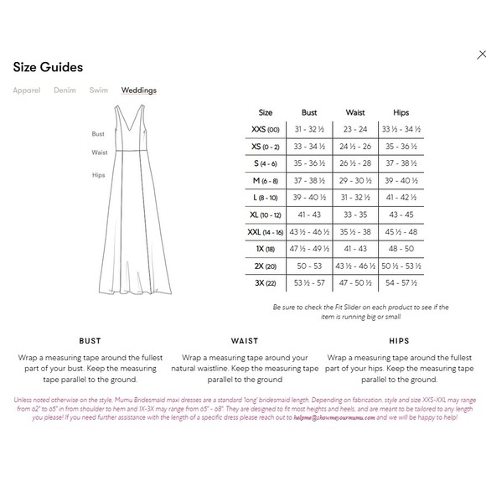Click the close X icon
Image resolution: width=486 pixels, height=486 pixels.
(481, 54)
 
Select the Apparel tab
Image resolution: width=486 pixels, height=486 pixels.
(26, 90)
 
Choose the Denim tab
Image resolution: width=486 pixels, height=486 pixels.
(65, 90)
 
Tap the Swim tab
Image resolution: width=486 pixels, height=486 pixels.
(98, 90)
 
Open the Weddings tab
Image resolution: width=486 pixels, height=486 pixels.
(138, 90)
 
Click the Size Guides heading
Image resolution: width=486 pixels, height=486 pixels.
(48, 67)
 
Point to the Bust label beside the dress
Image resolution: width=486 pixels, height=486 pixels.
(98, 134)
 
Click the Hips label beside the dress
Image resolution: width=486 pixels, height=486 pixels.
(98, 175)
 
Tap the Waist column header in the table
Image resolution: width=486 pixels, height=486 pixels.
(354, 112)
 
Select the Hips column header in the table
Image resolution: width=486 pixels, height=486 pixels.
(400, 112)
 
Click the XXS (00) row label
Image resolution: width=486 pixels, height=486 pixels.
(266, 129)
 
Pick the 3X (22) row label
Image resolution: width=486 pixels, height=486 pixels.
(266, 282)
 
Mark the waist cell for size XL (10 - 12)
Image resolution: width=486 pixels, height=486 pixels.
(354, 215)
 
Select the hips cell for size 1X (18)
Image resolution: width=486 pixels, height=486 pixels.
(400, 249)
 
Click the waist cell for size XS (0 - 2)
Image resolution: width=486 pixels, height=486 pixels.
(354, 147)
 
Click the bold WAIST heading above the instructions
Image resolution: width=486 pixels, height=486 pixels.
(244, 342)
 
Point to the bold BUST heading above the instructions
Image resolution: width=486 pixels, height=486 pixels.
(90, 342)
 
